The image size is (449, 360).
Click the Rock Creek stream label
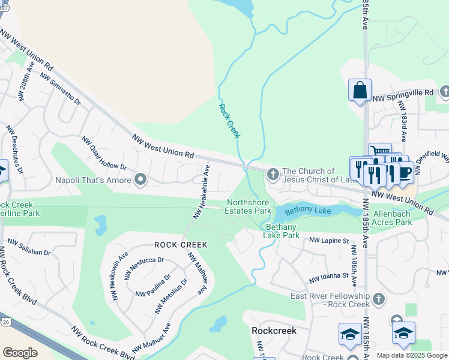coord(229,121)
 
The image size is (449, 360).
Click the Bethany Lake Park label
coord(282,231)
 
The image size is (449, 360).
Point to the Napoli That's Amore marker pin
coord(140,180)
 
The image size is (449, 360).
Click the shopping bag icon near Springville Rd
coord(360,91)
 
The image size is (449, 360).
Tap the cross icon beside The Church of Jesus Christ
coord(273,175)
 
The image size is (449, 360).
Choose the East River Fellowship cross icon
coord(378,298)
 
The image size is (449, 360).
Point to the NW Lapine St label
coord(329,241)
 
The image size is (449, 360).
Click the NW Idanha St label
coord(328,277)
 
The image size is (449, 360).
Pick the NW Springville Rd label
coord(403,93)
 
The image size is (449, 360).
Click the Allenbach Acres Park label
coord(393,218)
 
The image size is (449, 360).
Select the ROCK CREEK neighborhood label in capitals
coord(181,245)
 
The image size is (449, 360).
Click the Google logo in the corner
coord(20,353)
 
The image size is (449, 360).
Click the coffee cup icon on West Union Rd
coord(405,172)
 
